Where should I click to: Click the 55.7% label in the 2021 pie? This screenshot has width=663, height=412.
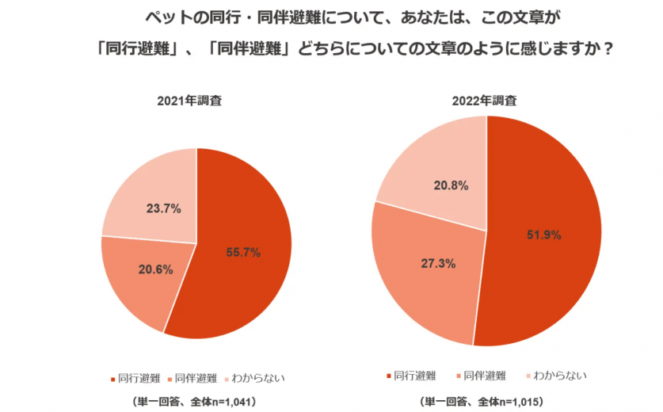point(243,253)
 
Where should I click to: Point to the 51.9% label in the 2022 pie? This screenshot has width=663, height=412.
point(544,235)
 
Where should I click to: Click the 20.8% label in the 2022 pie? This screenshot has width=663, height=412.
point(451,186)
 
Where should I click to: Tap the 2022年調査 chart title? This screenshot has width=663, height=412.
point(485,101)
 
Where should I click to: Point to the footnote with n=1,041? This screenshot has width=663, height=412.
point(195,402)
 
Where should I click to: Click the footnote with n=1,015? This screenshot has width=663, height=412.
point(485,402)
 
